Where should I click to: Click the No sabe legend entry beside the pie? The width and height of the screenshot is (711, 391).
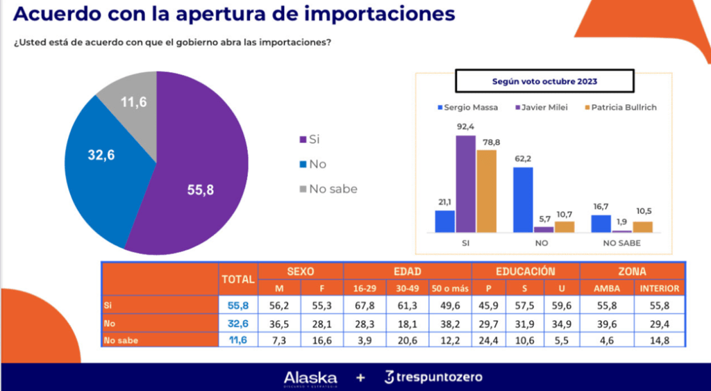(327, 189)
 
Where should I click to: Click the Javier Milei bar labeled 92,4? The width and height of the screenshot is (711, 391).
(465, 183)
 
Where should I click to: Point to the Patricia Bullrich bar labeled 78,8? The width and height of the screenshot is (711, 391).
(487, 190)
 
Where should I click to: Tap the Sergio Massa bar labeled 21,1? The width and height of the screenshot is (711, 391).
(444, 221)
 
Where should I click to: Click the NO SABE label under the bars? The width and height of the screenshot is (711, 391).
(620, 244)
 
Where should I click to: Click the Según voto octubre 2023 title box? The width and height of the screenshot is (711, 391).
(544, 81)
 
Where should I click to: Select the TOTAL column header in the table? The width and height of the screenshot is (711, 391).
(238, 279)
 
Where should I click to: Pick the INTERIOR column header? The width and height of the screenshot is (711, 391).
(660, 288)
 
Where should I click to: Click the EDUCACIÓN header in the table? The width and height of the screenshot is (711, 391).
(526, 272)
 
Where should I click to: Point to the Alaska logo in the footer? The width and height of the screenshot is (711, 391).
(310, 378)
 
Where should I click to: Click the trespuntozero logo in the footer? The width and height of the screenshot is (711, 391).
(433, 378)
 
